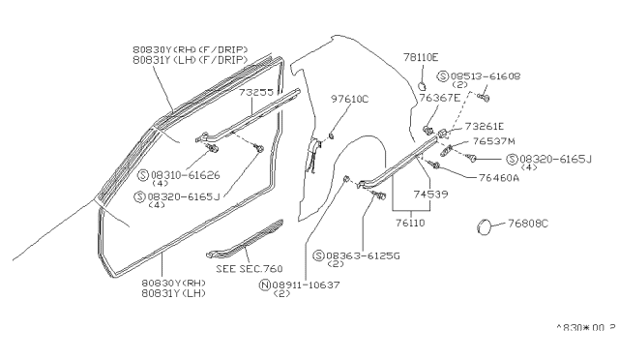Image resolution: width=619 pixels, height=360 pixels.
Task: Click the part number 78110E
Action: (421, 57)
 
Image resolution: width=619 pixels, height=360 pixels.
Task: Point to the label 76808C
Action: (528, 224)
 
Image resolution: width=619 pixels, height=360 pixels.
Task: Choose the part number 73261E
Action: (486, 126)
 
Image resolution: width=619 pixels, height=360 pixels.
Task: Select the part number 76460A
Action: (500, 177)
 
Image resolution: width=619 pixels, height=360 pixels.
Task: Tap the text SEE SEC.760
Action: (246, 268)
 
